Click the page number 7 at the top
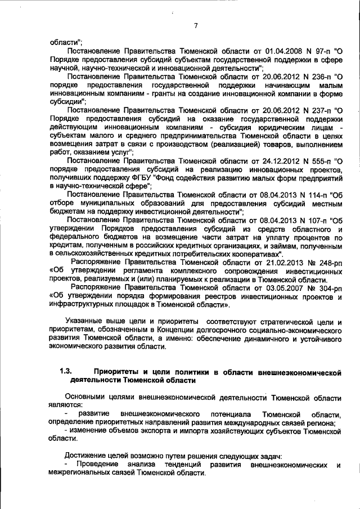pyautogui.click(x=196, y=25)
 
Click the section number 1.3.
pyautogui.click(x=66, y=372)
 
